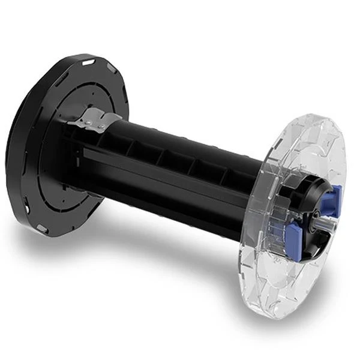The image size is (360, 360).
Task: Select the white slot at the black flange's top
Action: tap(89, 62)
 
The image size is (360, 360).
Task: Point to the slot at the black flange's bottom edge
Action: tap(42, 229)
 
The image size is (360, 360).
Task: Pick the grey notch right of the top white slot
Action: tap(111, 70)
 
